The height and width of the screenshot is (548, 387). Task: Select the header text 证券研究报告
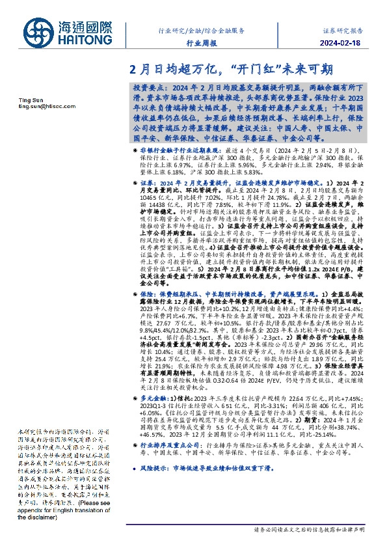click(x=345, y=31)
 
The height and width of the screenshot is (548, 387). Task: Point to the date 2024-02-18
click(x=345, y=44)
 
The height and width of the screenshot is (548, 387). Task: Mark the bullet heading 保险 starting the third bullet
click(x=146, y=294)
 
